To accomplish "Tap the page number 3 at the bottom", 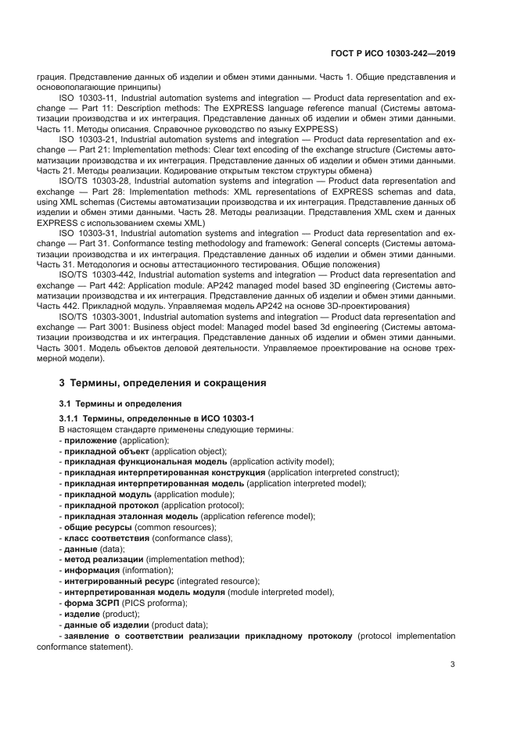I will pos(452,665).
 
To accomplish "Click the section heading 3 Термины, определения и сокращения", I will pos(163,383).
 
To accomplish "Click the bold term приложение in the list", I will pos(87,440).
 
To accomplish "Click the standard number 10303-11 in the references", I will pos(95,99).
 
